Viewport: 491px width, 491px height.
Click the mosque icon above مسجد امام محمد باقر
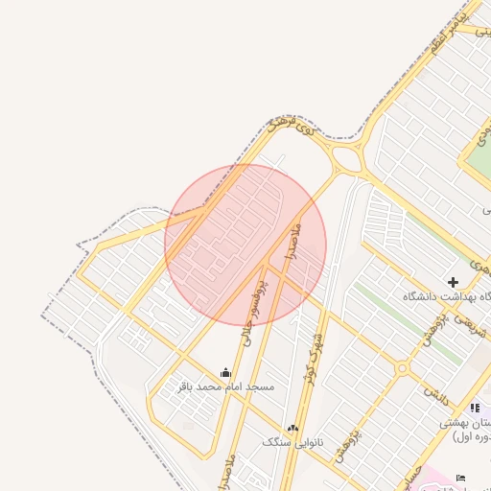click(x=225, y=372)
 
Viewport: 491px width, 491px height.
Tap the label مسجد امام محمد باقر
click(x=226, y=386)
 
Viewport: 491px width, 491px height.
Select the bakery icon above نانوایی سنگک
click(x=292, y=428)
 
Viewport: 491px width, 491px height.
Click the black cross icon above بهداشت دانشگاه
click(x=453, y=282)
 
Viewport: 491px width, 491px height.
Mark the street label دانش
click(x=437, y=393)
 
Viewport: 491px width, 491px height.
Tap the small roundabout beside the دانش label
click(x=403, y=368)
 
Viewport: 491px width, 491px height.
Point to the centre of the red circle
click(x=245, y=245)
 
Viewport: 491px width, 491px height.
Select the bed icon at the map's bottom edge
click(x=461, y=478)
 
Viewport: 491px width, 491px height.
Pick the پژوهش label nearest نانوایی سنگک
click(x=346, y=446)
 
